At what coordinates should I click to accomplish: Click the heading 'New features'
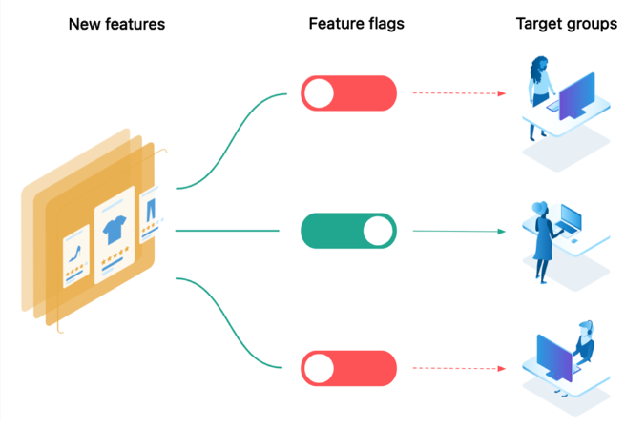pos(116,24)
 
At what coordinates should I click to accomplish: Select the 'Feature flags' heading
pos(356,24)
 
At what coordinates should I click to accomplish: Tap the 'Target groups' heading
pos(567,24)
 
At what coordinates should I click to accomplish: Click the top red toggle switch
pos(348,93)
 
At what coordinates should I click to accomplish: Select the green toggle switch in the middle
pos(348,231)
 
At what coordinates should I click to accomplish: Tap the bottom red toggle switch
pos(348,367)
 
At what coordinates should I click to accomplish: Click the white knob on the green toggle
pos(378,231)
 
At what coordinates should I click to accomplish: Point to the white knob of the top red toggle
pos(319,93)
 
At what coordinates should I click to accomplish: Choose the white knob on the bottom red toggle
pos(319,367)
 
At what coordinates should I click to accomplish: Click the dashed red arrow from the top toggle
pos(458,93)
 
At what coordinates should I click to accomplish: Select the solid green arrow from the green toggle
pos(458,231)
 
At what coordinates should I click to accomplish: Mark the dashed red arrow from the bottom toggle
pos(458,367)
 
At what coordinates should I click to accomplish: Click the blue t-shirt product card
pos(115,234)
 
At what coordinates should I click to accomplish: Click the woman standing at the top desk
pos(539,95)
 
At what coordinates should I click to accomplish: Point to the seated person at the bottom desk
pos(582,348)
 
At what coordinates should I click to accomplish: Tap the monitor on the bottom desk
pos(553,359)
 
